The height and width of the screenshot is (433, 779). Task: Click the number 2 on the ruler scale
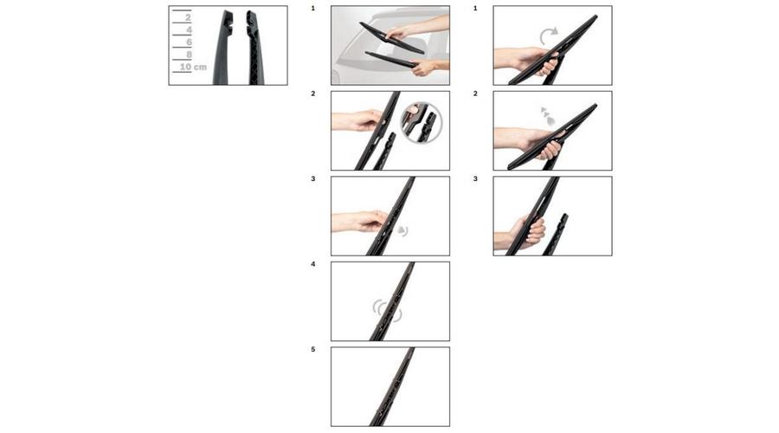(188, 18)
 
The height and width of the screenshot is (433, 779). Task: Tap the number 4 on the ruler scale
(189, 30)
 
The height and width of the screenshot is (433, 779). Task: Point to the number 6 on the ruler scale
(189, 42)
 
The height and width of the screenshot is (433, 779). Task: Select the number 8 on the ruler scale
(189, 55)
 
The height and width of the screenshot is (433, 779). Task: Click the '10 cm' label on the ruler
(193, 67)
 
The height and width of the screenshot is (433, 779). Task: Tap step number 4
(313, 264)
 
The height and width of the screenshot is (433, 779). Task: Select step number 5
(313, 350)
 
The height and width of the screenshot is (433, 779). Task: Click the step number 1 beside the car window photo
(313, 9)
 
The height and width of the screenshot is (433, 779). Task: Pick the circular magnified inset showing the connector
(421, 122)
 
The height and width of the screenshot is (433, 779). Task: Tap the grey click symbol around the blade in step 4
(387, 310)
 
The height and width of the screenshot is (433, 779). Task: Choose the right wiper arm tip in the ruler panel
(254, 48)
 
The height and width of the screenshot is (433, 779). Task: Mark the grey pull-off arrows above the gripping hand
(547, 116)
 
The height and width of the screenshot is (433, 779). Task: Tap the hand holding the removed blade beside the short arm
(519, 233)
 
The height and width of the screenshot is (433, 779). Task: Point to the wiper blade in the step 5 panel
(392, 386)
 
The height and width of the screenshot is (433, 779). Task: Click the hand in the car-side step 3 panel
(359, 221)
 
